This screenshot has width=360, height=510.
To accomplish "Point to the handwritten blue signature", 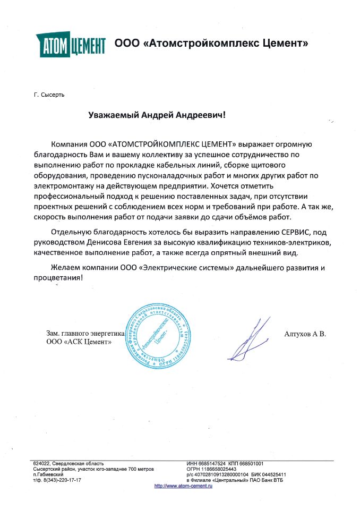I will pyautogui.click(x=247, y=340).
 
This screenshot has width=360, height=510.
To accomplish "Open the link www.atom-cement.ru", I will pyautogui.click(x=183, y=486).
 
